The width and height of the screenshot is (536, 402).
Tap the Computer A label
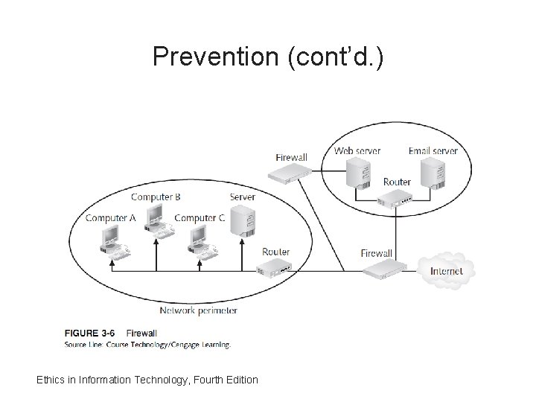110,218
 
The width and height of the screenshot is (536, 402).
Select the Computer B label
156,197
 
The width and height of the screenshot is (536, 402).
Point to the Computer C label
199,218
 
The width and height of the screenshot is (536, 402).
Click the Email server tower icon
432,173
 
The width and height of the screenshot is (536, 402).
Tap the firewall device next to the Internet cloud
386,270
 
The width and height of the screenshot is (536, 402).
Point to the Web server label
357,150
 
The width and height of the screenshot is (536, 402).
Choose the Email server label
433,150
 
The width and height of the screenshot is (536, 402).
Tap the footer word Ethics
51,380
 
